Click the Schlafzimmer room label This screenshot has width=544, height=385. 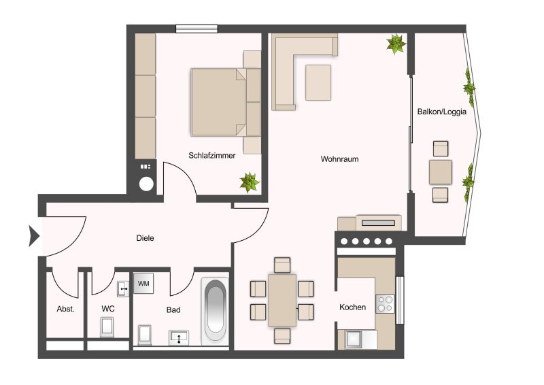coord(212,156)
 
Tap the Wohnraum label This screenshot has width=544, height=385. coord(339,159)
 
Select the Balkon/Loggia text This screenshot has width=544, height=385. coord(441,112)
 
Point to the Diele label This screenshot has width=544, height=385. coord(145,238)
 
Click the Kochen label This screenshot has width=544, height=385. coord(352,307)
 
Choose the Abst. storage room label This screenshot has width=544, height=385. coord(65,309)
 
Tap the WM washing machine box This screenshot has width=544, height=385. coord(143,283)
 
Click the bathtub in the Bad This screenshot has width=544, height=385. coord(215,312)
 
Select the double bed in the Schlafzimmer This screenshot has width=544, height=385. coord(226,102)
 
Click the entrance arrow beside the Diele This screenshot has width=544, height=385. coord(34,236)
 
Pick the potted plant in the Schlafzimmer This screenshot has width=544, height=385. coord(250,182)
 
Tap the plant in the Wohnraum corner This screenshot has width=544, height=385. coord(396,44)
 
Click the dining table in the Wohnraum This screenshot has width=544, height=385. coord(282,300)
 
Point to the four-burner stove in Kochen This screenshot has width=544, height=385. coord(386,304)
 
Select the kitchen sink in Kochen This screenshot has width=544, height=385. coord(354,339)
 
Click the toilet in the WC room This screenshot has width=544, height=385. coord(107,327)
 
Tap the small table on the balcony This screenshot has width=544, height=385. coord(440,172)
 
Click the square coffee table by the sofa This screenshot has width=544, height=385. coord(318,82)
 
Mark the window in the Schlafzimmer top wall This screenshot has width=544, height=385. coord(197,29)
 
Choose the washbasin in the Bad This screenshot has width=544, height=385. coord(179,338)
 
